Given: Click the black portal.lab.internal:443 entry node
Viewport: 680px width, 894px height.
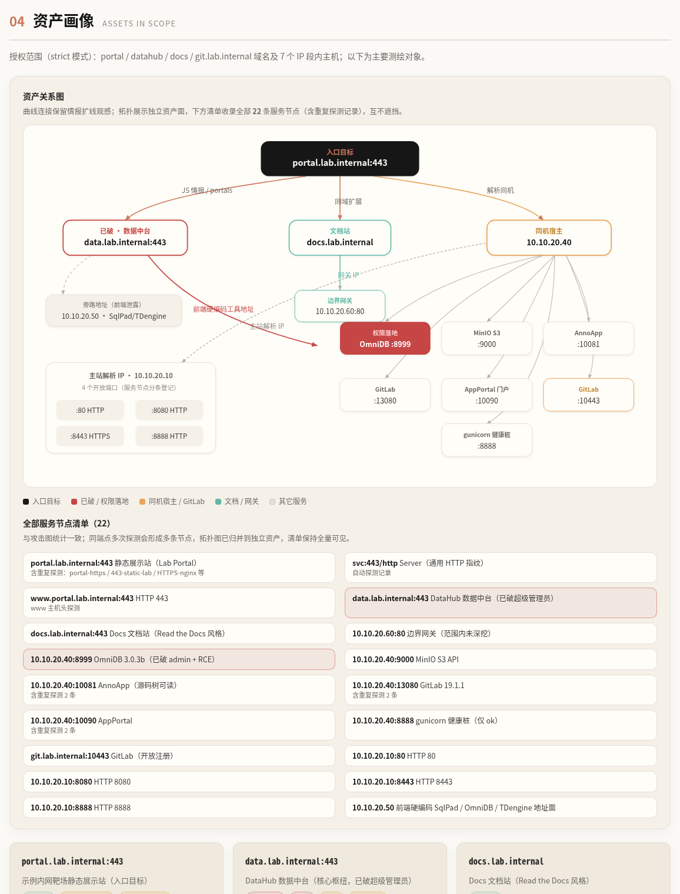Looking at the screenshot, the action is [x=339, y=158].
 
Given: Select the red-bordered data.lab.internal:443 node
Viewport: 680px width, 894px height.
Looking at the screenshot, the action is [x=125, y=238].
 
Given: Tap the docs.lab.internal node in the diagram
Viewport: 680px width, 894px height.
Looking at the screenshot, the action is [x=339, y=238].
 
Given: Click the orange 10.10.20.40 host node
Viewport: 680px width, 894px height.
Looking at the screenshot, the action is [x=548, y=238].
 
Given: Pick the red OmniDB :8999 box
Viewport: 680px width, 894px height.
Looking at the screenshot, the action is [x=385, y=338].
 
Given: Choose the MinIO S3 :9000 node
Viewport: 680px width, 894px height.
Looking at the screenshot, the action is [x=486, y=338].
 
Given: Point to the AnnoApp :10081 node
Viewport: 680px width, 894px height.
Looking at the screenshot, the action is [x=588, y=338].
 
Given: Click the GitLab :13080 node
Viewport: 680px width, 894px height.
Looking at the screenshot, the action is [x=385, y=395].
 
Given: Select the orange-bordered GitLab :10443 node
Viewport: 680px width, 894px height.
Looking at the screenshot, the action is [x=588, y=395].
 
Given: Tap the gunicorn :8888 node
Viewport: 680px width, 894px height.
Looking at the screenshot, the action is [x=486, y=440].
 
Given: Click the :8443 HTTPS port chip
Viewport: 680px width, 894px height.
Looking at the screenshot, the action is [x=90, y=436].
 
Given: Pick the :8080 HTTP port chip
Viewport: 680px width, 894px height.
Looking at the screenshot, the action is [x=169, y=410].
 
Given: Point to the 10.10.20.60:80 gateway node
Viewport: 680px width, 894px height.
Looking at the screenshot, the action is [x=339, y=306].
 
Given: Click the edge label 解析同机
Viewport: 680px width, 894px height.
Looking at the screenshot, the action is [x=500, y=190].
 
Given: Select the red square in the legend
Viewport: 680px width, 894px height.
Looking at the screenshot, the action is [x=74, y=501].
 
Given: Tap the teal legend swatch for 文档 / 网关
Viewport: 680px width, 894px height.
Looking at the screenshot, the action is [x=218, y=501].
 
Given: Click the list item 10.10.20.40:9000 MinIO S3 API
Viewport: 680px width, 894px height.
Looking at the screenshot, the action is [x=501, y=659].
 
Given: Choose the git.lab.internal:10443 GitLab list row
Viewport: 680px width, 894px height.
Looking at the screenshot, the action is [x=179, y=756].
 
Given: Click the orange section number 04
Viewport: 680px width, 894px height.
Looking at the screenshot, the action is [x=17, y=22].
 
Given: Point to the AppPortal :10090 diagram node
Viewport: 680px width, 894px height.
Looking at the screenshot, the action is [x=486, y=395].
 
